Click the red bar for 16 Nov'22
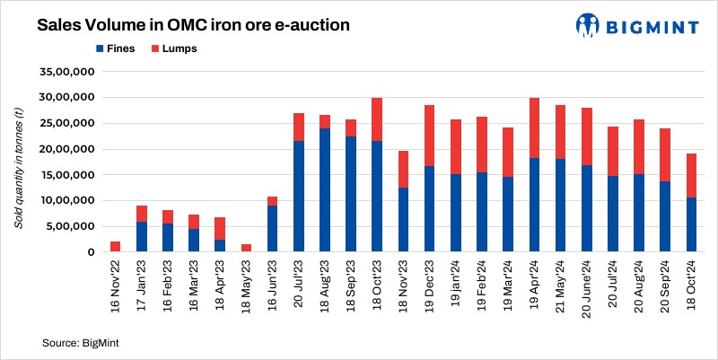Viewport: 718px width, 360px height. click(115, 247)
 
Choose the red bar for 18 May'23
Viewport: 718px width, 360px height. click(246, 249)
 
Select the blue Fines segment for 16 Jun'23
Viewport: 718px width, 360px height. click(272, 230)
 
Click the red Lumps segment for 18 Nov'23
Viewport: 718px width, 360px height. click(403, 169)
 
